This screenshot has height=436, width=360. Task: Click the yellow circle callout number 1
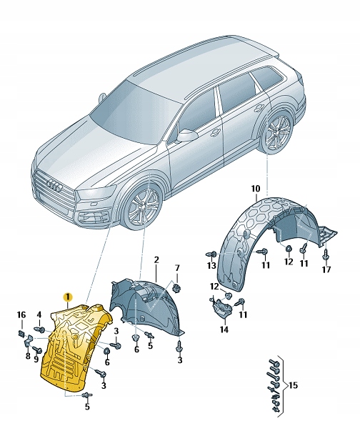[67, 296]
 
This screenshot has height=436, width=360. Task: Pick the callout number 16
[21, 314]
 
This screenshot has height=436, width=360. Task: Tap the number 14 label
[224, 330]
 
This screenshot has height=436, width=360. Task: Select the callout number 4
[39, 314]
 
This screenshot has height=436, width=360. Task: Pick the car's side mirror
[187, 134]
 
